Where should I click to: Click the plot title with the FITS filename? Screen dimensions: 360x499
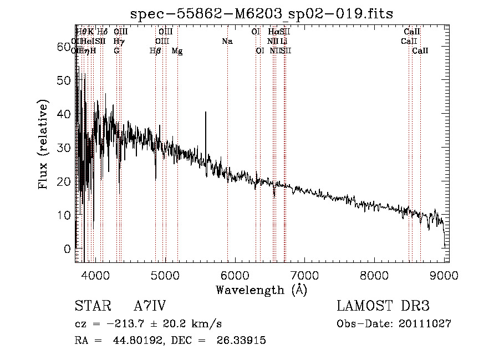point(261,14)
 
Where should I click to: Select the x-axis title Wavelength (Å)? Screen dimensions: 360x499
point(261,290)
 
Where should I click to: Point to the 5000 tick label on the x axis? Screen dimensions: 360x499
point(165,276)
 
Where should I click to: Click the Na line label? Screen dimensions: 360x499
point(227,42)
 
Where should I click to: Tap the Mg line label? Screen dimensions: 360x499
point(177,51)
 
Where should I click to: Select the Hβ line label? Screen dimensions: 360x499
point(155,51)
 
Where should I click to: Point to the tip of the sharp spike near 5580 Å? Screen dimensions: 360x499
point(206,113)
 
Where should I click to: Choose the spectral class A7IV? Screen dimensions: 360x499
point(150,306)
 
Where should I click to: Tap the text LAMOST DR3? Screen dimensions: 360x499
point(383,306)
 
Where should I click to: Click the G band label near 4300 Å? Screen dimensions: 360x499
point(116,51)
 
